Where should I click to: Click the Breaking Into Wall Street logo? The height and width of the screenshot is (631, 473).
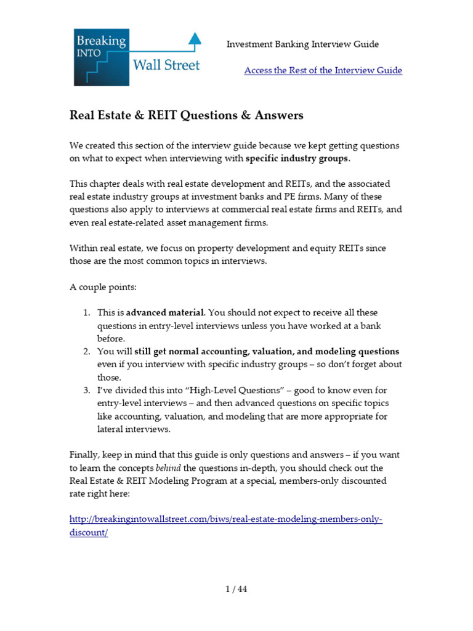pos(135,57)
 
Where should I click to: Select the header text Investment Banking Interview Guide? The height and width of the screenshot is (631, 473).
pos(302,44)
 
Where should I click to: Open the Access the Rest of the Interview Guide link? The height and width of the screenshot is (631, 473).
pos(323,70)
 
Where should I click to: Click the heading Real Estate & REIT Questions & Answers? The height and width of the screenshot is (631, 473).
pos(186,116)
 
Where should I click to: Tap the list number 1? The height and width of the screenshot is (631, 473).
pos(87,313)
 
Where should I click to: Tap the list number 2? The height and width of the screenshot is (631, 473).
pos(87,351)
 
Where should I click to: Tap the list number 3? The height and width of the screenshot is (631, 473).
pos(87,390)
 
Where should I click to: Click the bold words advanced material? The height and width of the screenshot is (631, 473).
pos(165,313)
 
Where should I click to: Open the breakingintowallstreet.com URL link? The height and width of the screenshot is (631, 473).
pos(225,519)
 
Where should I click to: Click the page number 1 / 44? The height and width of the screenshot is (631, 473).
pos(236,589)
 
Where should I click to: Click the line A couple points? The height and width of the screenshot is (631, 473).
pos(103,287)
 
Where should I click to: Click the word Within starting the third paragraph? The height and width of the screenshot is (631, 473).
pos(84,248)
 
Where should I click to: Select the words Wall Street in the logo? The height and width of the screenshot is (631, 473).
pos(167,65)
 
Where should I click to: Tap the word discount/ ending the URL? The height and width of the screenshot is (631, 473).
pos(88,532)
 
